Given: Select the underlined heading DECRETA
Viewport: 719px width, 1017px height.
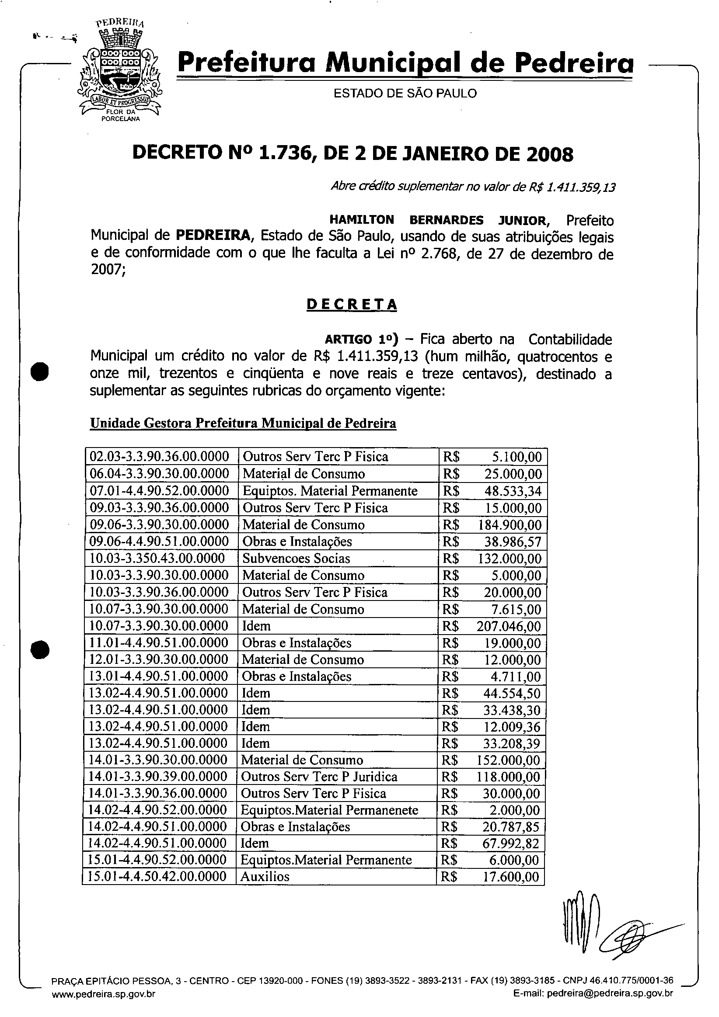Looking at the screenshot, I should pos(352,305).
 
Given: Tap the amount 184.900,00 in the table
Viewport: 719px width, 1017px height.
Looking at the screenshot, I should pos(510,525).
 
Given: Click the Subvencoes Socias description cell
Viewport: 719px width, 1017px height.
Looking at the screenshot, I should pos(296,559).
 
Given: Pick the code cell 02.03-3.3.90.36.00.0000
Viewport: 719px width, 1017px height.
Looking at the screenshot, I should pos(160,457).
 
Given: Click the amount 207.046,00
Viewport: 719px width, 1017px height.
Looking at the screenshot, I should pos(509,626).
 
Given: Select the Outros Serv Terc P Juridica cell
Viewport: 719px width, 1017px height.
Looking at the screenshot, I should pos(319,777).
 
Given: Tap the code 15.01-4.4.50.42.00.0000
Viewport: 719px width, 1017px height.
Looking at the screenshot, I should pos(157,877).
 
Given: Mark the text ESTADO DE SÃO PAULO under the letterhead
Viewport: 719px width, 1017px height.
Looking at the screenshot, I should pos(405,94).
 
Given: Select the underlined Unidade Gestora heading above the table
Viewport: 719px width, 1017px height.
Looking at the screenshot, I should pos(243,423).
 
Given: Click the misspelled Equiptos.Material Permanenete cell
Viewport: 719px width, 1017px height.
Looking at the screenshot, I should pos(329,810).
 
